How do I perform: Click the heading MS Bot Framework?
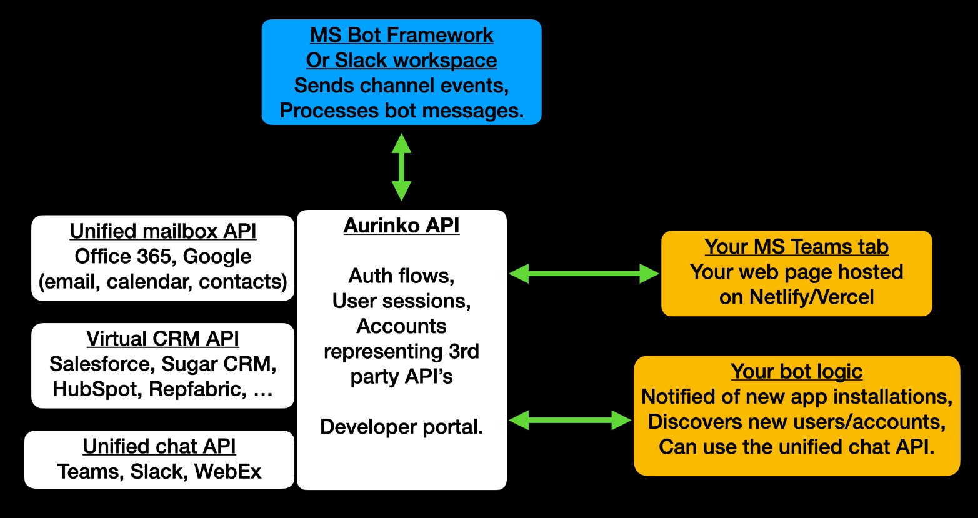(x=401, y=36)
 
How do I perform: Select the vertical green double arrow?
(x=401, y=167)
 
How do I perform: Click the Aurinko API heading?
(x=401, y=226)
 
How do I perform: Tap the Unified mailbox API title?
(x=163, y=231)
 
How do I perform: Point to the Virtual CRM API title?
(x=162, y=339)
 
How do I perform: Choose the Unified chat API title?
(x=159, y=446)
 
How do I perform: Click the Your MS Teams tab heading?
(x=796, y=247)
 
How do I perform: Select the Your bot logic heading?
(x=796, y=372)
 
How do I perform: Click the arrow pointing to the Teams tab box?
(x=584, y=274)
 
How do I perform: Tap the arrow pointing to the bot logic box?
(x=570, y=421)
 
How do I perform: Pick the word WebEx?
(x=227, y=472)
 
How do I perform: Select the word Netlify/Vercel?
(x=812, y=297)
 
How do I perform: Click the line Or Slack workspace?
(x=401, y=61)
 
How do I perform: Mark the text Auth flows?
(x=401, y=276)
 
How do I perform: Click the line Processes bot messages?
(x=401, y=111)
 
